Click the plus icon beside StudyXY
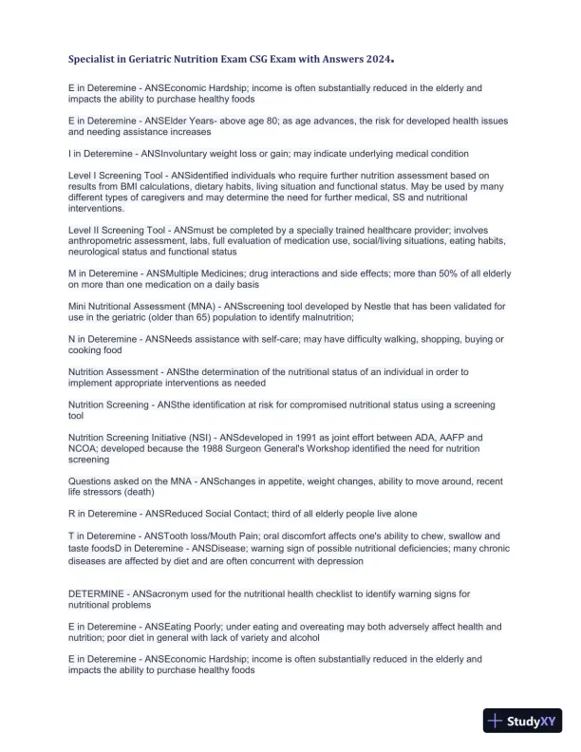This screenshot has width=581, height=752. pos(495,721)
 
